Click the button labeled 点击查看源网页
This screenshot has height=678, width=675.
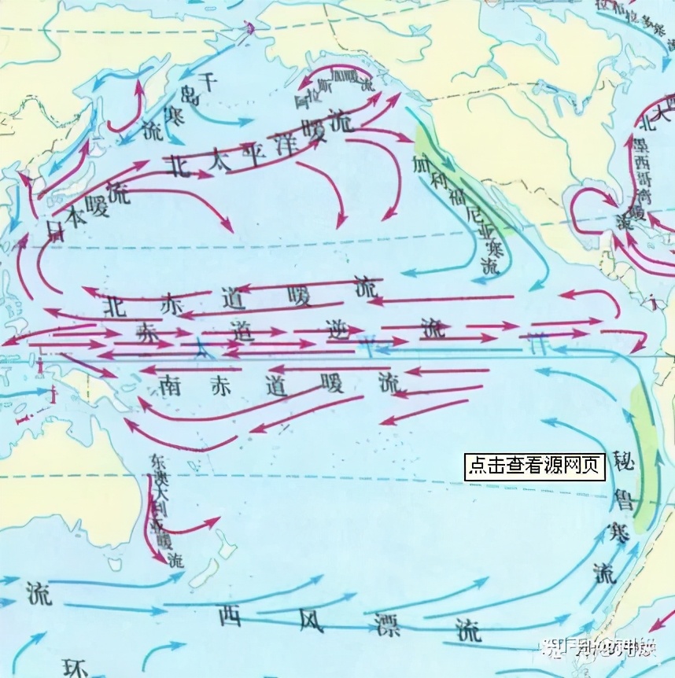click(x=535, y=466)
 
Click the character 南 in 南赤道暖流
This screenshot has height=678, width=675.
click(x=172, y=384)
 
